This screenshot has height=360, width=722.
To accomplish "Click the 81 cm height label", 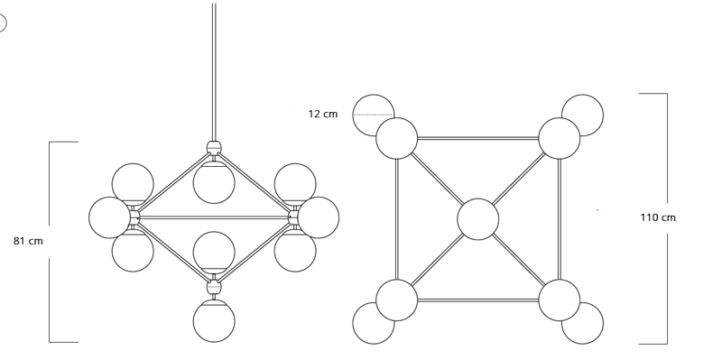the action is (x=28, y=241).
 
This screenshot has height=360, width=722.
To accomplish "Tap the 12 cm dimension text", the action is (x=323, y=114).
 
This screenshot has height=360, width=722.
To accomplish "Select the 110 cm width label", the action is (x=658, y=217).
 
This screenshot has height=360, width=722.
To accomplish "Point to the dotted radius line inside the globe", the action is (x=374, y=115).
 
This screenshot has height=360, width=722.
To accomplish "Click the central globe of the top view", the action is (x=478, y=219).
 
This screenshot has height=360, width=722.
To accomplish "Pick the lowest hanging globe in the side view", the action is (x=214, y=321).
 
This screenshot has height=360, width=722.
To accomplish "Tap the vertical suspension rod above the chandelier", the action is (x=214, y=72).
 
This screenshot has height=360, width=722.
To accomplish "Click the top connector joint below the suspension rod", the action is (x=214, y=148).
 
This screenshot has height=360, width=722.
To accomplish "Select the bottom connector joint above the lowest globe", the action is (x=214, y=287).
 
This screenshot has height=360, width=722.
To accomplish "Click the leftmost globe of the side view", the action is (x=109, y=217).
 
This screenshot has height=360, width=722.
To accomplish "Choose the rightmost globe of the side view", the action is (x=319, y=217).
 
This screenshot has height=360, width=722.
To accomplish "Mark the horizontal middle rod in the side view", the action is (x=214, y=217).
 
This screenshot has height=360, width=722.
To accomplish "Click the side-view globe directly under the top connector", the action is (x=214, y=182).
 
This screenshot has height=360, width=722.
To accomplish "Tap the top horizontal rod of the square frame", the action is (x=478, y=138).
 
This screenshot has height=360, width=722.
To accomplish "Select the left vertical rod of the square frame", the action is (x=397, y=219).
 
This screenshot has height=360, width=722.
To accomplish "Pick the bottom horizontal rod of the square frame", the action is (x=478, y=300).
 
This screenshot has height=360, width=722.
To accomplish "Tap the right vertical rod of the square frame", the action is (x=559, y=219).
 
